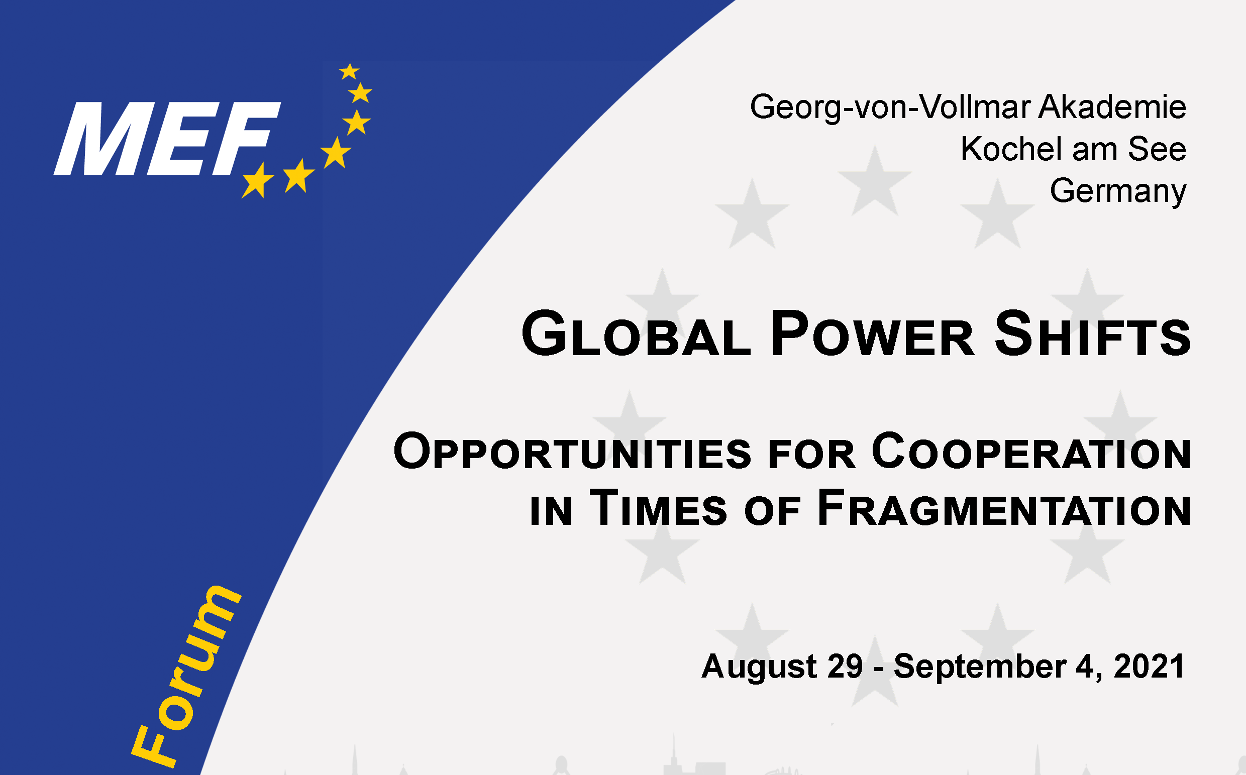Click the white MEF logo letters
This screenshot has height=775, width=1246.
click(x=167, y=139)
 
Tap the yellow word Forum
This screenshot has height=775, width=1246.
click(x=185, y=677)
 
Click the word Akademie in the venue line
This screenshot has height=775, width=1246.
click(x=1112, y=106)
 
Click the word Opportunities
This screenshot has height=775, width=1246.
click(x=572, y=451)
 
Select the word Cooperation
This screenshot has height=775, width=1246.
click(x=1031, y=451)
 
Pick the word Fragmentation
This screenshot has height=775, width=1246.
click(x=1004, y=508)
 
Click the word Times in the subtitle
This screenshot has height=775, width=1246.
click(x=658, y=508)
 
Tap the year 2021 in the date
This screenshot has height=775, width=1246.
click(x=1149, y=666)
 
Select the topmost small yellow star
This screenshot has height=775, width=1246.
click(x=349, y=72)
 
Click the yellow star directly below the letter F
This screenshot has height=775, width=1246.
click(x=258, y=180)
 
